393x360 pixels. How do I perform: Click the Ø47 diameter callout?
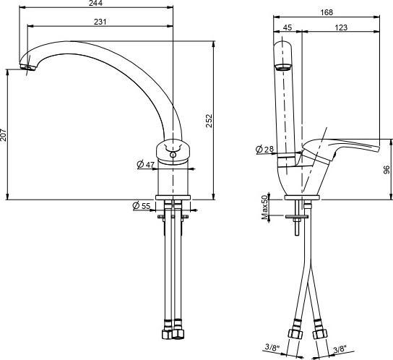point(146,165)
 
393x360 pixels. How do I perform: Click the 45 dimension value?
point(288,28)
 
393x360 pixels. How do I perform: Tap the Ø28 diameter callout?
point(264,150)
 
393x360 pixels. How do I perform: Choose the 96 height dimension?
point(386,169)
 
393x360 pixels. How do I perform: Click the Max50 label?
point(265,207)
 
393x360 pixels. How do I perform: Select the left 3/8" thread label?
point(273,348)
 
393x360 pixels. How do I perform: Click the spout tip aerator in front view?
point(27,69)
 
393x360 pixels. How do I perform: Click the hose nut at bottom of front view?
point(174,336)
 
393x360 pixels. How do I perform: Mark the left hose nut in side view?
point(294,335)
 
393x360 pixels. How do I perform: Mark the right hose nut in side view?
point(319,335)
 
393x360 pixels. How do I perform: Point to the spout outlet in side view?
point(283,68)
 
